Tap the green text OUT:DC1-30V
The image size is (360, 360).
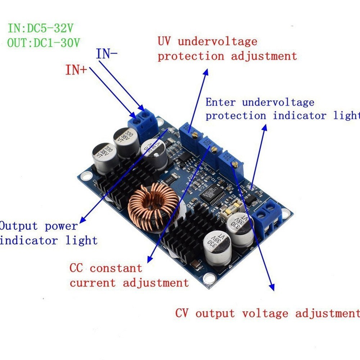(43, 43)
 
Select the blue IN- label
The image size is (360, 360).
(107, 54)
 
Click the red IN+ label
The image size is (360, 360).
(76, 70)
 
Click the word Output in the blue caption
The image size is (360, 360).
(19, 226)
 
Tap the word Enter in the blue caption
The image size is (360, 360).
(220, 102)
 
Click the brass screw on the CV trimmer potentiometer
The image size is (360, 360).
(235, 165)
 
